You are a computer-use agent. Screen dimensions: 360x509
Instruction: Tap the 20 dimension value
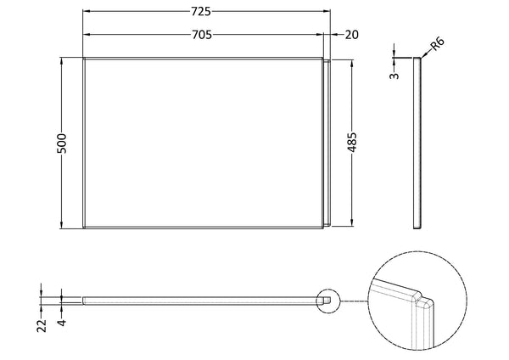[x=351, y=34]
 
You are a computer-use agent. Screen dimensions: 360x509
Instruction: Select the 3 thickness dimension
[x=393, y=76]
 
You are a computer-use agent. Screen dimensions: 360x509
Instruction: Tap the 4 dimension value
[x=61, y=322]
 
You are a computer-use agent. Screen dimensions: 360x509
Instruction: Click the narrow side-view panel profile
[x=417, y=143]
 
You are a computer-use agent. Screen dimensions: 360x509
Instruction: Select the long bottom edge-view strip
[x=204, y=299]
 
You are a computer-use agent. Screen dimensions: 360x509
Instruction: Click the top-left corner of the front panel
[x=83, y=59]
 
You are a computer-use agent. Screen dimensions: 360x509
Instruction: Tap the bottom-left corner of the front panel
[x=83, y=229]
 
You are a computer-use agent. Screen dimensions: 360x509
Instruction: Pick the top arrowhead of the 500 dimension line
[x=61, y=60]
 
